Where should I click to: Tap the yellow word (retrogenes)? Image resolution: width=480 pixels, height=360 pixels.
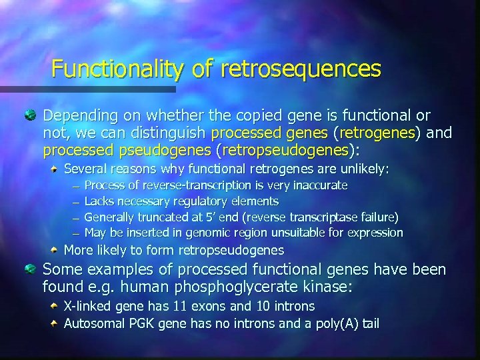point(379,133)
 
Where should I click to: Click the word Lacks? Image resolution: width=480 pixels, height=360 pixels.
point(99,201)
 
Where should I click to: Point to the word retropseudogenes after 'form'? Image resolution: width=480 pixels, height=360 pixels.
point(230,251)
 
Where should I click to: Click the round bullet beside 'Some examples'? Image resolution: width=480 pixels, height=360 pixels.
point(31,269)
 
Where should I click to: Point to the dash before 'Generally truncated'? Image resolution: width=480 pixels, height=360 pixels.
point(76,217)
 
